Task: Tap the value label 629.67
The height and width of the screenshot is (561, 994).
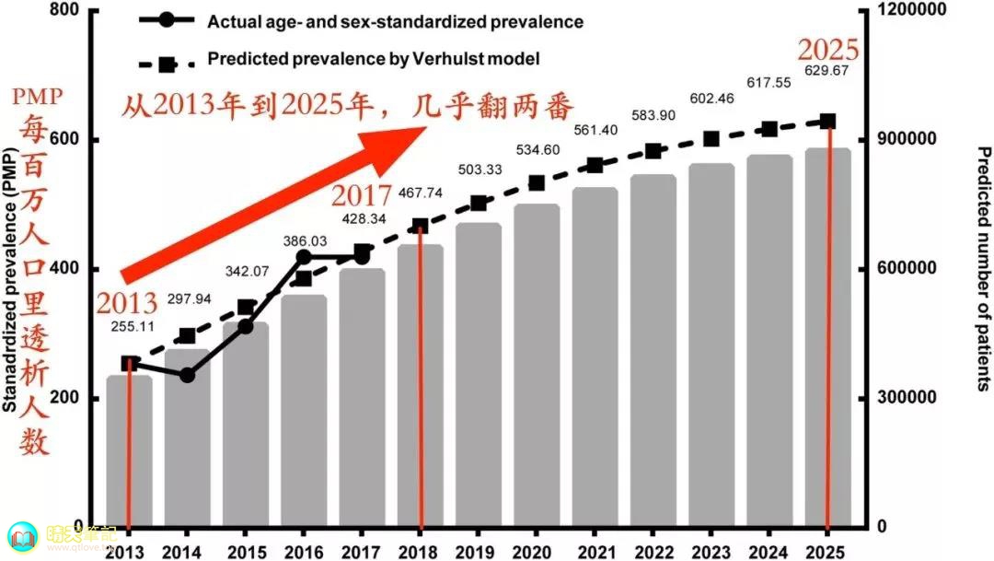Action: tap(826, 71)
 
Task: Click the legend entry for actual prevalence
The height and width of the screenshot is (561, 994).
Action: tap(395, 21)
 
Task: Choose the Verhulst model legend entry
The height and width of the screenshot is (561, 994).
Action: tap(373, 59)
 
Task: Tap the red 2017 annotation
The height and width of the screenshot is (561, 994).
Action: tap(362, 195)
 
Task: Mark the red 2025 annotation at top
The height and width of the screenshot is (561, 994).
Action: tap(827, 48)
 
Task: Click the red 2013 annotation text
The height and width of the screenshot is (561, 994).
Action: tap(126, 303)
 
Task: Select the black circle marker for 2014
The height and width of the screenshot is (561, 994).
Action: tap(187, 375)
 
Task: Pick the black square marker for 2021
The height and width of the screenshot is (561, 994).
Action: tap(595, 165)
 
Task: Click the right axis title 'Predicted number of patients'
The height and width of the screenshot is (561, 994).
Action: tap(981, 268)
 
